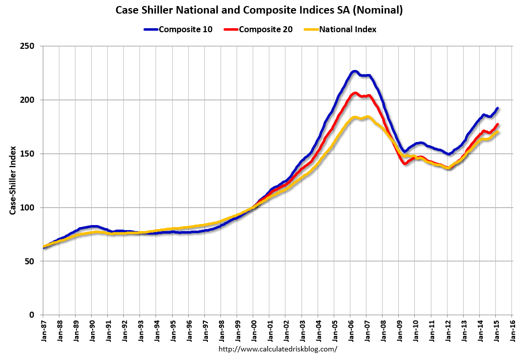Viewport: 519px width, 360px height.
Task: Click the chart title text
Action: click(x=259, y=10)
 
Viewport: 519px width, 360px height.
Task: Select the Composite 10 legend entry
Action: click(x=185, y=29)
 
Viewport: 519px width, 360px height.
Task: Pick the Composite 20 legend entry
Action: click(x=265, y=29)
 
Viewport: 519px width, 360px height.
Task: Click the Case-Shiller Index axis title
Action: click(x=13, y=180)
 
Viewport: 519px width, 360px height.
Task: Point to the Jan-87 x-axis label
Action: click(x=43, y=330)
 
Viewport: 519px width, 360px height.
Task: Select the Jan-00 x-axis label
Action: click(x=253, y=330)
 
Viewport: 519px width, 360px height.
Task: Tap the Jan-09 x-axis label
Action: click(x=399, y=330)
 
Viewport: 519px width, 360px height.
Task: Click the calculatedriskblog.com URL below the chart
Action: click(x=278, y=349)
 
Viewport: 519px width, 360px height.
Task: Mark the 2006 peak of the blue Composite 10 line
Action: click(x=354, y=71)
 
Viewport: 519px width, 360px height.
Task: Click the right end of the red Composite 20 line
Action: click(x=497, y=124)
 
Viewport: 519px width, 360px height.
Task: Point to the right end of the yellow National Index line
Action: click(x=497, y=132)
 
